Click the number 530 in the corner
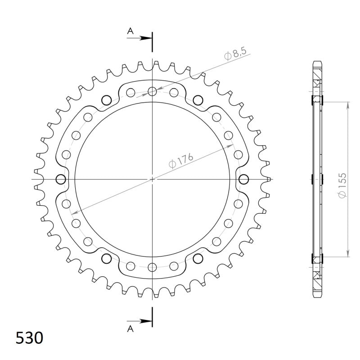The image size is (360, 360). coord(30,337)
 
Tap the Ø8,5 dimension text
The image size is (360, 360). coord(235,54)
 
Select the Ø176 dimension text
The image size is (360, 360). coord(181,160)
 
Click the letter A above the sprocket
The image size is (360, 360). coord(130,31)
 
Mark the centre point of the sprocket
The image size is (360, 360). coord(153,180)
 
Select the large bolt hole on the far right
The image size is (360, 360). coord(244,180)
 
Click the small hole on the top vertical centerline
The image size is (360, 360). coord(153,92)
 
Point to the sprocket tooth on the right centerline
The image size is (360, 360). coord(269,180)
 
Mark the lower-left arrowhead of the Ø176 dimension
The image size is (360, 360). coord(78,210)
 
